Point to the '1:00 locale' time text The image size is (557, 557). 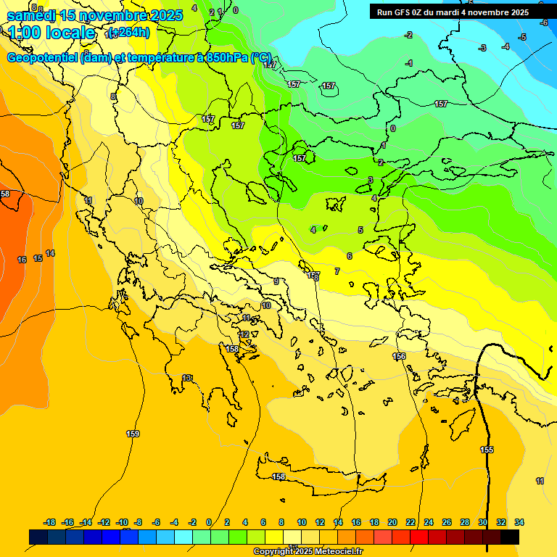(51, 33)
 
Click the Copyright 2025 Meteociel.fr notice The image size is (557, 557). (308, 552)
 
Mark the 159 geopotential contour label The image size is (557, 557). (133, 434)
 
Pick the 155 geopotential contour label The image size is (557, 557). (487, 450)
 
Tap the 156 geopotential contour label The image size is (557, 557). (399, 356)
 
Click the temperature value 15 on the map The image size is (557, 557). (38, 258)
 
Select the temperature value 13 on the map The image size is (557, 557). (188, 378)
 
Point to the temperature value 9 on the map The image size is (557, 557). (276, 281)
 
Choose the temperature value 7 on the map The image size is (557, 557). (337, 271)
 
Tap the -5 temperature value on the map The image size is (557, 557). (522, 37)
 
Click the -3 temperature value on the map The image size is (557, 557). (482, 49)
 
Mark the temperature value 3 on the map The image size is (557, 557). (370, 180)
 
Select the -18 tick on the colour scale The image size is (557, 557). (49, 522)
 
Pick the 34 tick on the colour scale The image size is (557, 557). (519, 522)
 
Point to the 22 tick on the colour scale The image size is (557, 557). (410, 522)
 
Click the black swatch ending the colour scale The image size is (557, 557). (510, 537)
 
